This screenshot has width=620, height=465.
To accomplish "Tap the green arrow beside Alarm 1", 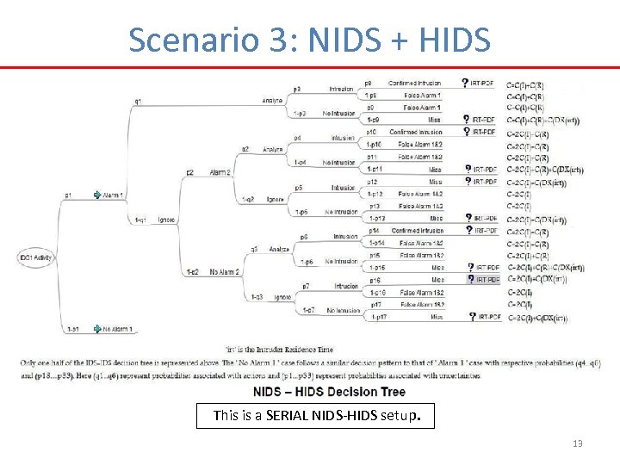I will click(97, 195).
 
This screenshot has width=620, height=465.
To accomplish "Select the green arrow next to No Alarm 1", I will click(97, 328).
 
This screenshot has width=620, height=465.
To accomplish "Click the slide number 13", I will click(577, 443).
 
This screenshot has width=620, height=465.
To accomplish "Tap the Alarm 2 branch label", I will click(220, 172).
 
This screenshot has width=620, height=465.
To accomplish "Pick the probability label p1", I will click(68, 195).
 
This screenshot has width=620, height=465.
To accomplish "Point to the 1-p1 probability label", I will click(73, 328).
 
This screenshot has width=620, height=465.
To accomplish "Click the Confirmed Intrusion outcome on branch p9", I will click(414, 84).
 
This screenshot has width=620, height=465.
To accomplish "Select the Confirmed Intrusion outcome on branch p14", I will click(418, 231).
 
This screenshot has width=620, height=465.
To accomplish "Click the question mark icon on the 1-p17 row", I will click(473, 317).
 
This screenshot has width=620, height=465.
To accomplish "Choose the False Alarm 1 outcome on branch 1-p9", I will click(421, 96).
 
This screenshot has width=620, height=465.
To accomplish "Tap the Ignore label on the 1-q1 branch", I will click(167, 220).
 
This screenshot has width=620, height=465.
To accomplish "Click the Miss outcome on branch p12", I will click(436, 182).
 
